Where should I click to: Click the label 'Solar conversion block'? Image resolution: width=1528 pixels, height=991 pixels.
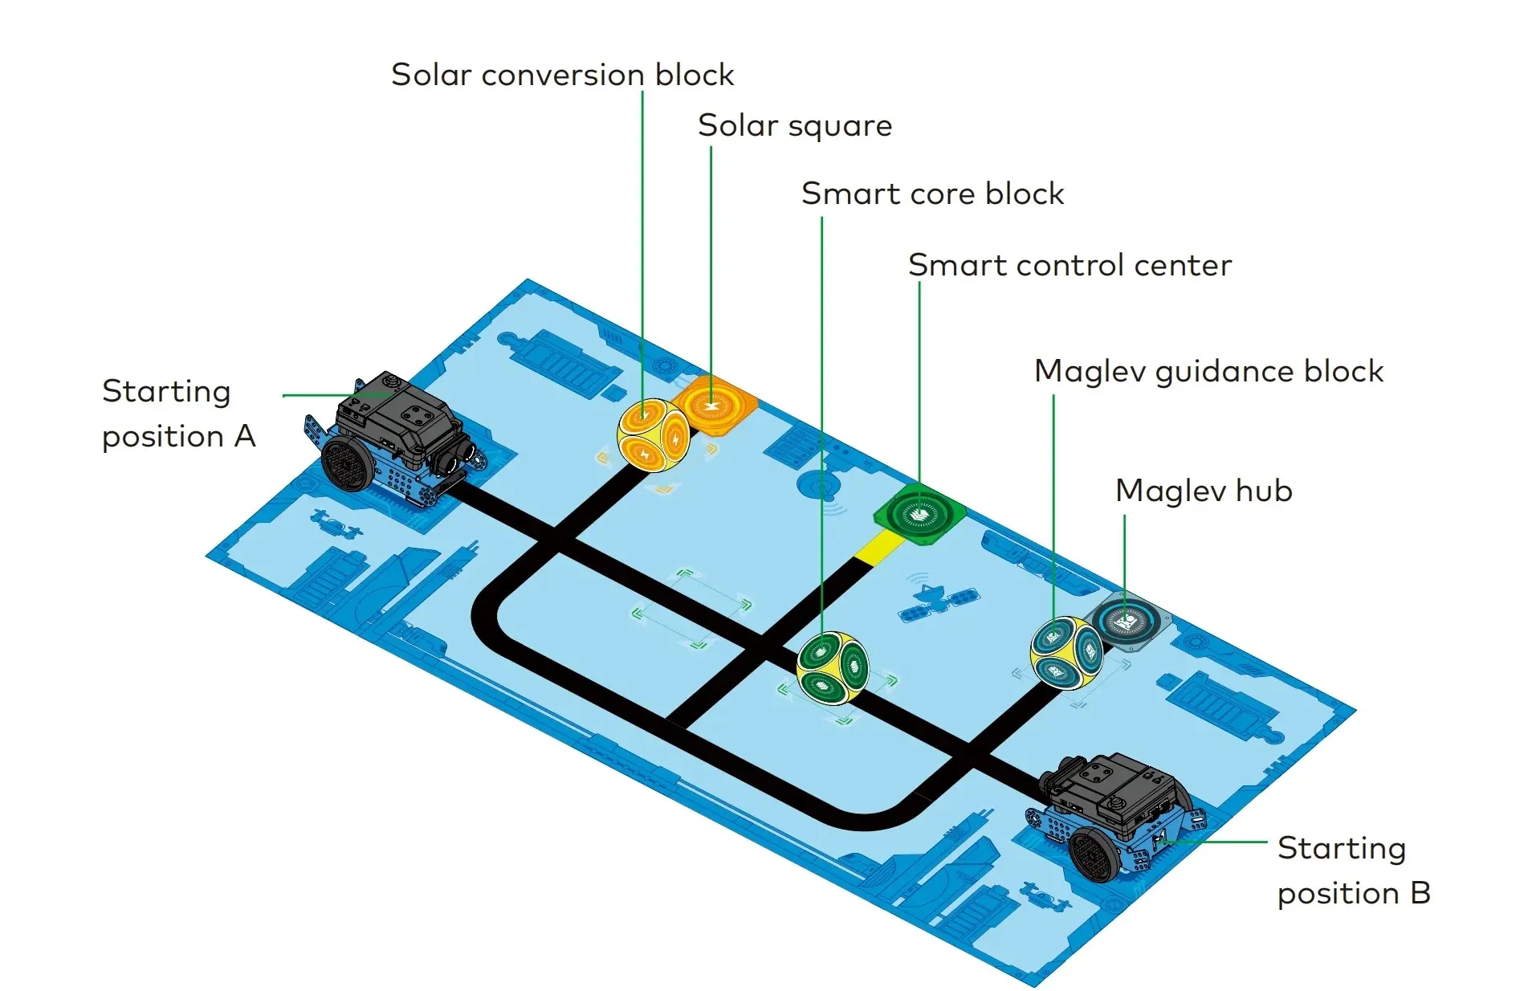562,75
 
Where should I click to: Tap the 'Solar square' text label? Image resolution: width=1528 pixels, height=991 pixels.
794,126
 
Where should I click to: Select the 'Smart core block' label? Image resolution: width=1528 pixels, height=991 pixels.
932,194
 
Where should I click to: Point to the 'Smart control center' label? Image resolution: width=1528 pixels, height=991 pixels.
1070,265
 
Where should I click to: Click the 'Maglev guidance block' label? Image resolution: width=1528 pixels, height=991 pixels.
1208,371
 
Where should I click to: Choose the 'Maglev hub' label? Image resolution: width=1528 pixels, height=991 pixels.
1204,491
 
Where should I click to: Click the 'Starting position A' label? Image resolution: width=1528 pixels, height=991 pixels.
178,414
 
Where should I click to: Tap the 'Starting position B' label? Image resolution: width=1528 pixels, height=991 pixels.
1354,871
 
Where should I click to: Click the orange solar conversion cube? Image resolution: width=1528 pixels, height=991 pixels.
653,435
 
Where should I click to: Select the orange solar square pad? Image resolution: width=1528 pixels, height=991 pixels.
714,405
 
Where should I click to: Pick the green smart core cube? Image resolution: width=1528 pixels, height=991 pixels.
833,667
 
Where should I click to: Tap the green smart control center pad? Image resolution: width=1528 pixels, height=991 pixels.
919,515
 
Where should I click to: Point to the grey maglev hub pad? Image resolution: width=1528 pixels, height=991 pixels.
1127,621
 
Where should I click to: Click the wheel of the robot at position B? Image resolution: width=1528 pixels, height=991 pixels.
1094,856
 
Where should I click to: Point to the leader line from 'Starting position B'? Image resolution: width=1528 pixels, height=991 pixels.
1220,842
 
